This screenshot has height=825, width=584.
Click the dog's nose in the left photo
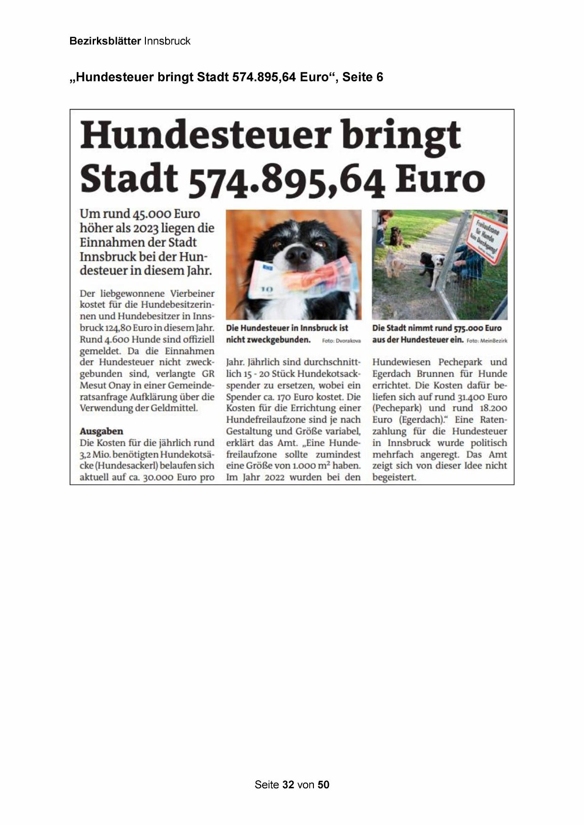tap(297, 255)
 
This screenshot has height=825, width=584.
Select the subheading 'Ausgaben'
tap(101, 431)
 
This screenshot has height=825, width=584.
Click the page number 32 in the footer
tap(288, 785)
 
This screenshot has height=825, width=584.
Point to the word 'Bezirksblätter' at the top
tap(105, 41)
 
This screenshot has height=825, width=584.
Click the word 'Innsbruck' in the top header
tap(167, 41)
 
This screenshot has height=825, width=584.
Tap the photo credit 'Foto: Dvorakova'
tap(341, 341)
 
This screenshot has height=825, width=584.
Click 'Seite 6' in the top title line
tap(362, 77)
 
